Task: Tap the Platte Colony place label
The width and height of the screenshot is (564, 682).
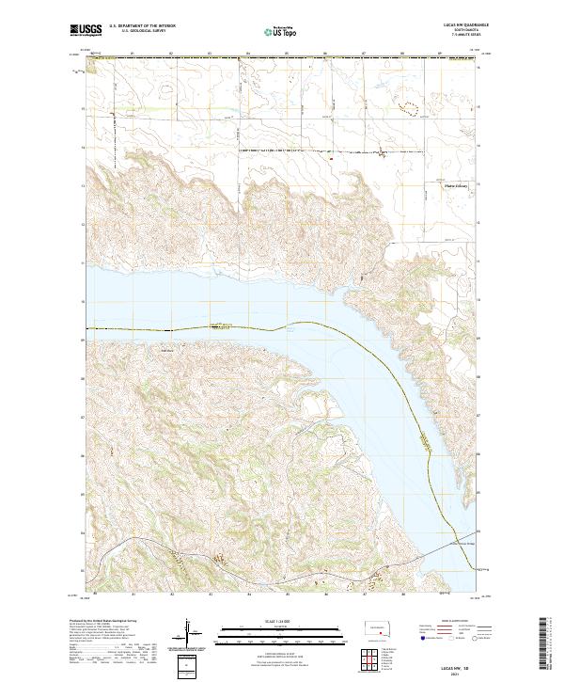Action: tap(455, 186)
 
